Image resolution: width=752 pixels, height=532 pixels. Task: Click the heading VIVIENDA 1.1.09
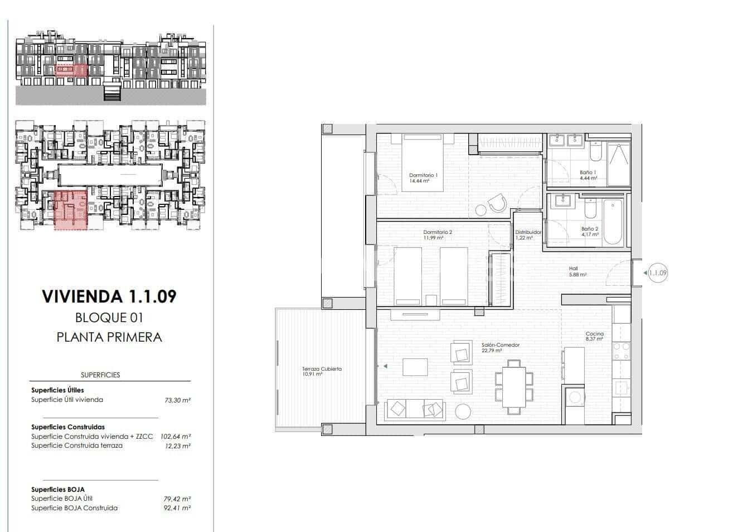point(109,296)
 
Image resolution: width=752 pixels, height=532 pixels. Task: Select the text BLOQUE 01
point(109,318)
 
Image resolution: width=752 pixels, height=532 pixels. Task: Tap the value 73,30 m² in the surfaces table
point(177,400)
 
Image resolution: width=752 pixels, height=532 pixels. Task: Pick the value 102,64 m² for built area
point(176,437)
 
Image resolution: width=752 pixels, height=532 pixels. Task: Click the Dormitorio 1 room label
point(423,175)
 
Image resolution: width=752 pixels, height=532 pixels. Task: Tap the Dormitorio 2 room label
point(437,233)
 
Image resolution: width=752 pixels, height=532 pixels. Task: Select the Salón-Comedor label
point(500,346)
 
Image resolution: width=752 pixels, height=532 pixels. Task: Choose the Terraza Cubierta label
point(322,369)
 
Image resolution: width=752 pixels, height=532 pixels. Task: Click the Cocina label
point(594,334)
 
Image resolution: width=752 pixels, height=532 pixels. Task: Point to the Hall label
point(573,269)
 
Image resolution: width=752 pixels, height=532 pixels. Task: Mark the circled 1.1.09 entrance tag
point(658,273)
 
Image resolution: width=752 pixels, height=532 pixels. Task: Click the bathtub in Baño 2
point(612,222)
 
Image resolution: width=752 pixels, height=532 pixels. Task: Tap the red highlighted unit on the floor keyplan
point(71,209)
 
